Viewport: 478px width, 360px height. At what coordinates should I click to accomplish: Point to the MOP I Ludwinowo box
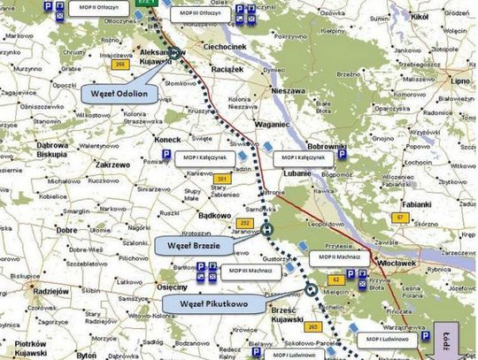point(382,338)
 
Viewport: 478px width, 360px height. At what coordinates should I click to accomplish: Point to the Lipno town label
point(459,79)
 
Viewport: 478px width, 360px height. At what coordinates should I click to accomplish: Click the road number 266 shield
point(119,63)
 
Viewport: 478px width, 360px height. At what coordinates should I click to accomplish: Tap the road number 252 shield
point(243,223)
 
